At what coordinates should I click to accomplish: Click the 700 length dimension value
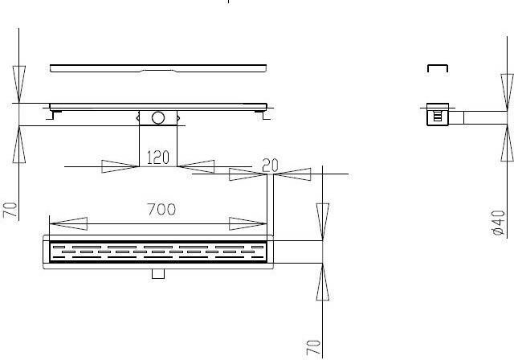[161, 210]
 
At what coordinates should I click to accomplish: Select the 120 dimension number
[157, 157]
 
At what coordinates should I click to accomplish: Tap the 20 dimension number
[270, 166]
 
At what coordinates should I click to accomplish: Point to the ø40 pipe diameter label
[499, 223]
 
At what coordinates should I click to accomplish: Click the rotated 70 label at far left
[10, 210]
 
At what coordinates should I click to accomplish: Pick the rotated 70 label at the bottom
[313, 348]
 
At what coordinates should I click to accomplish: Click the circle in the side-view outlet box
[158, 118]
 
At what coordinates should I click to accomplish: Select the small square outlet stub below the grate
[158, 274]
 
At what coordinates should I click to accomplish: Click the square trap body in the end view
[438, 114]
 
